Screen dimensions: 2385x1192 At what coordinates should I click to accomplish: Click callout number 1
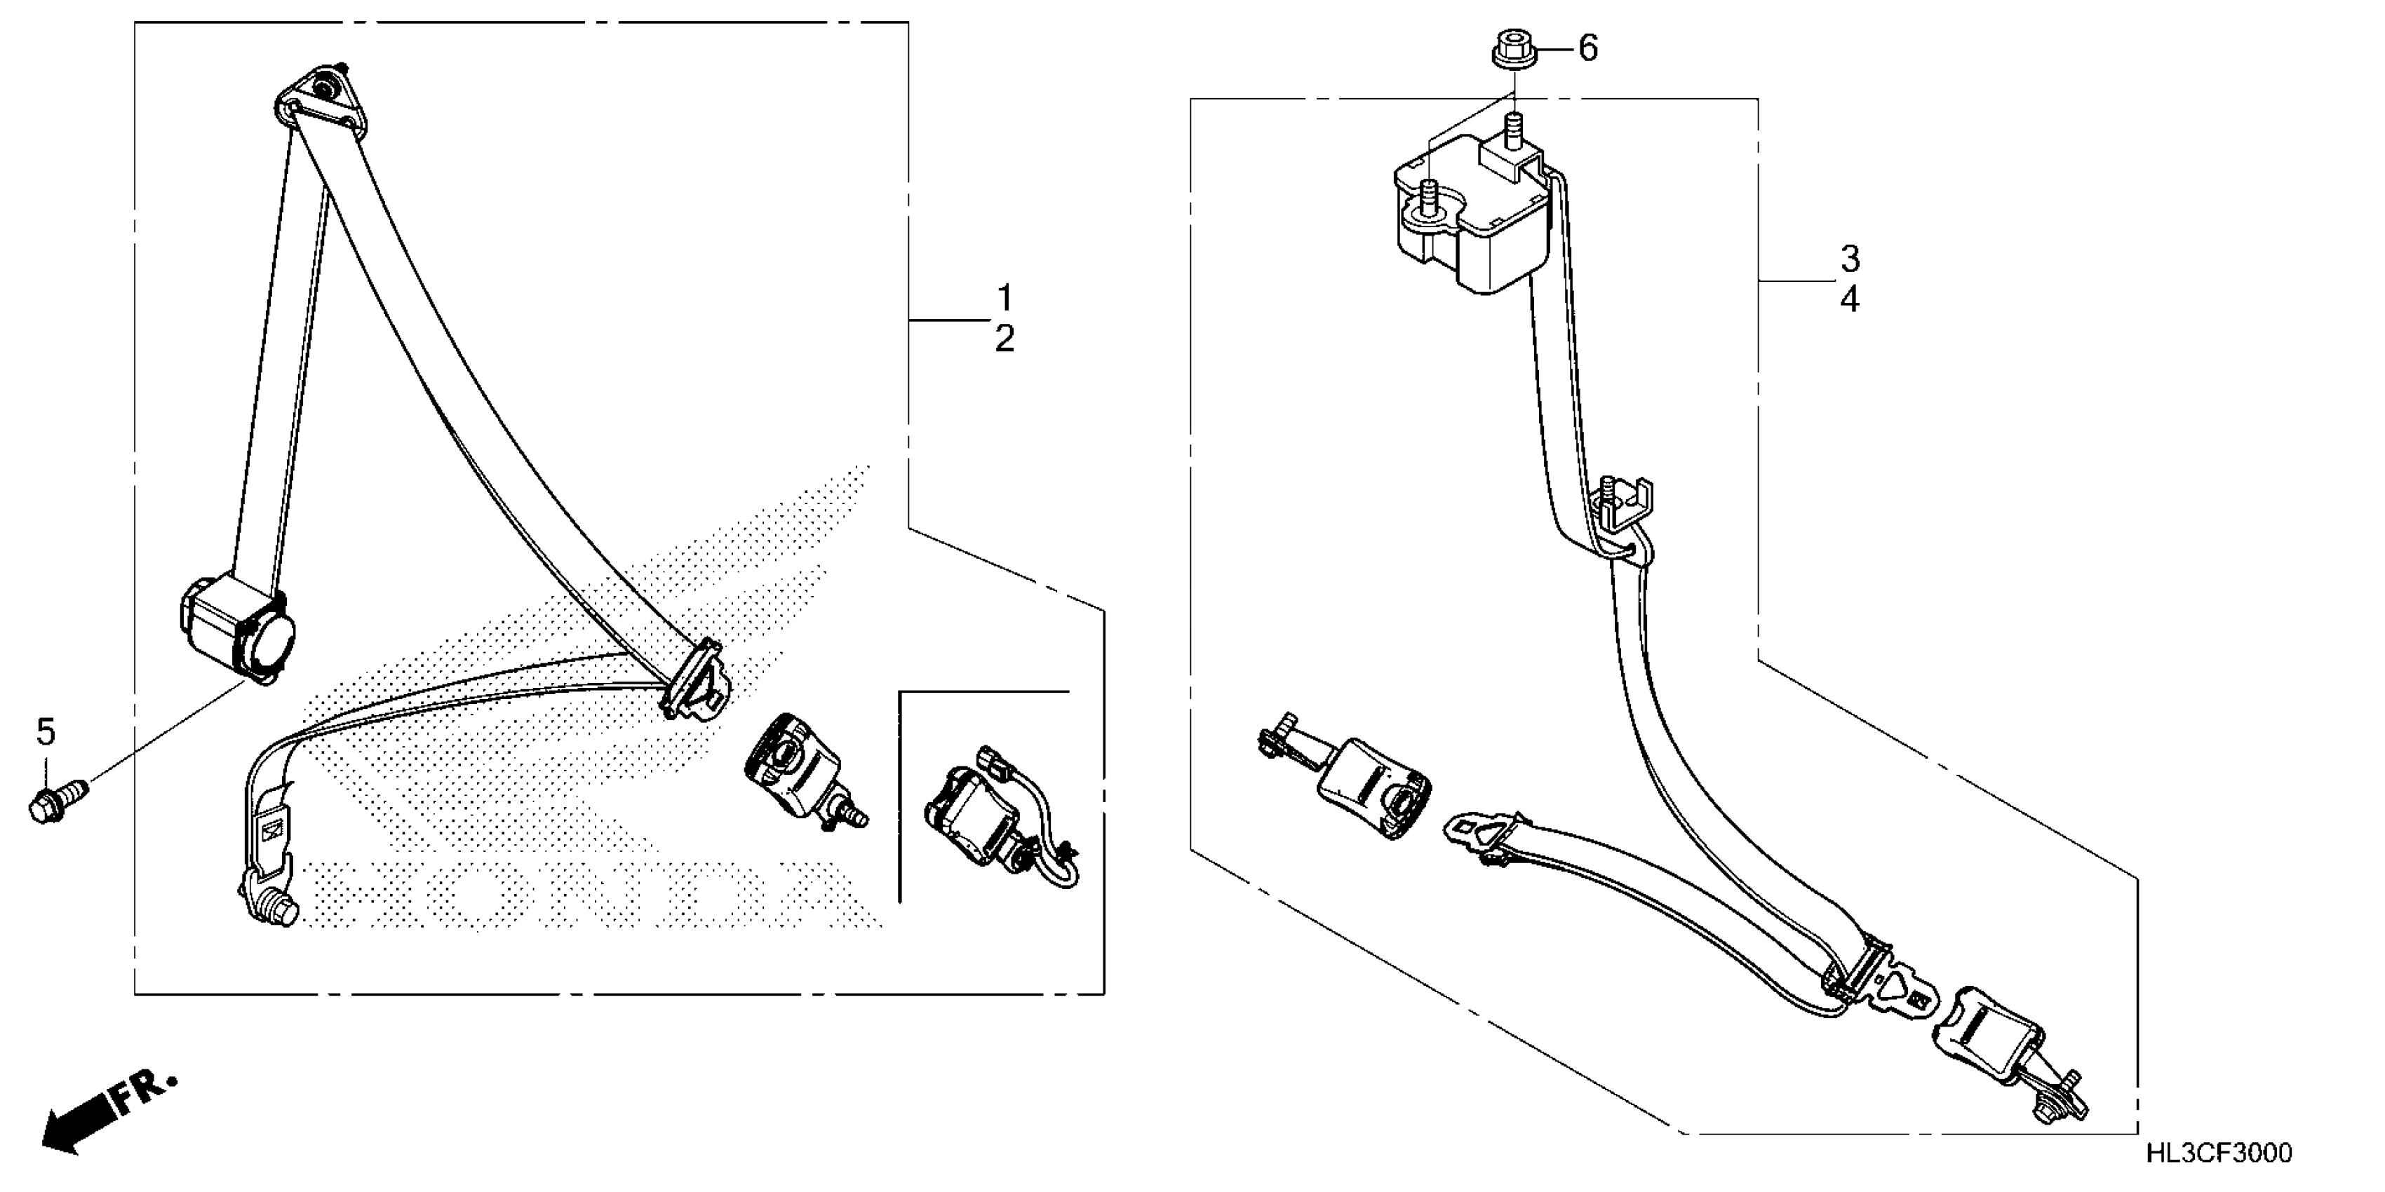pos(1005,298)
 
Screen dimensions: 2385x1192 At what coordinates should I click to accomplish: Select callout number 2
pos(1005,339)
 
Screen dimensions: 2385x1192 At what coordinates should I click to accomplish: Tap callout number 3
pos(1850,259)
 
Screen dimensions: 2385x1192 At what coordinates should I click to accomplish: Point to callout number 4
pos(1850,300)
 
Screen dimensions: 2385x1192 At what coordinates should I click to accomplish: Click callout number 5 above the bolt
pos(46,732)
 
